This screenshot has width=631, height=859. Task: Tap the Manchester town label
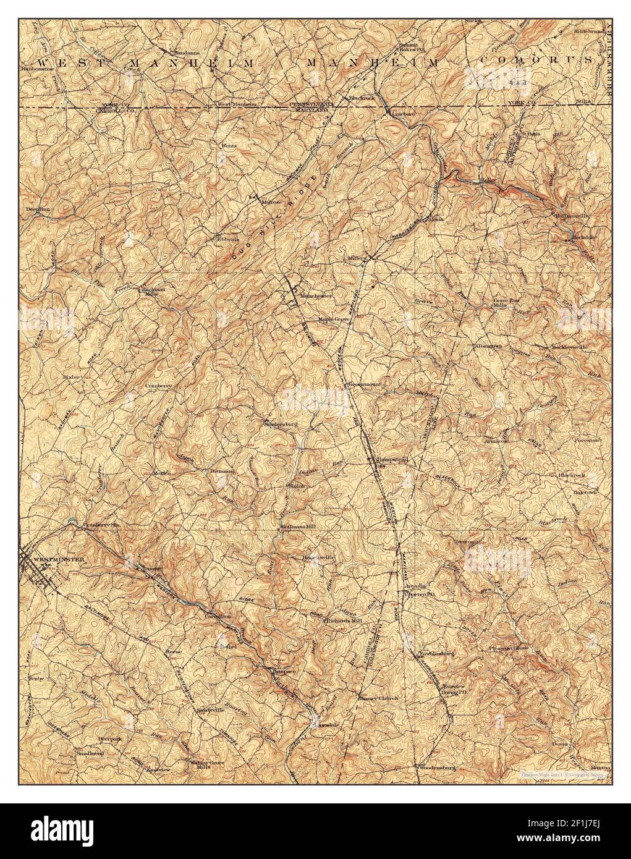[x=316, y=295]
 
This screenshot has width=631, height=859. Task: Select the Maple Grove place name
[x=334, y=319]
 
